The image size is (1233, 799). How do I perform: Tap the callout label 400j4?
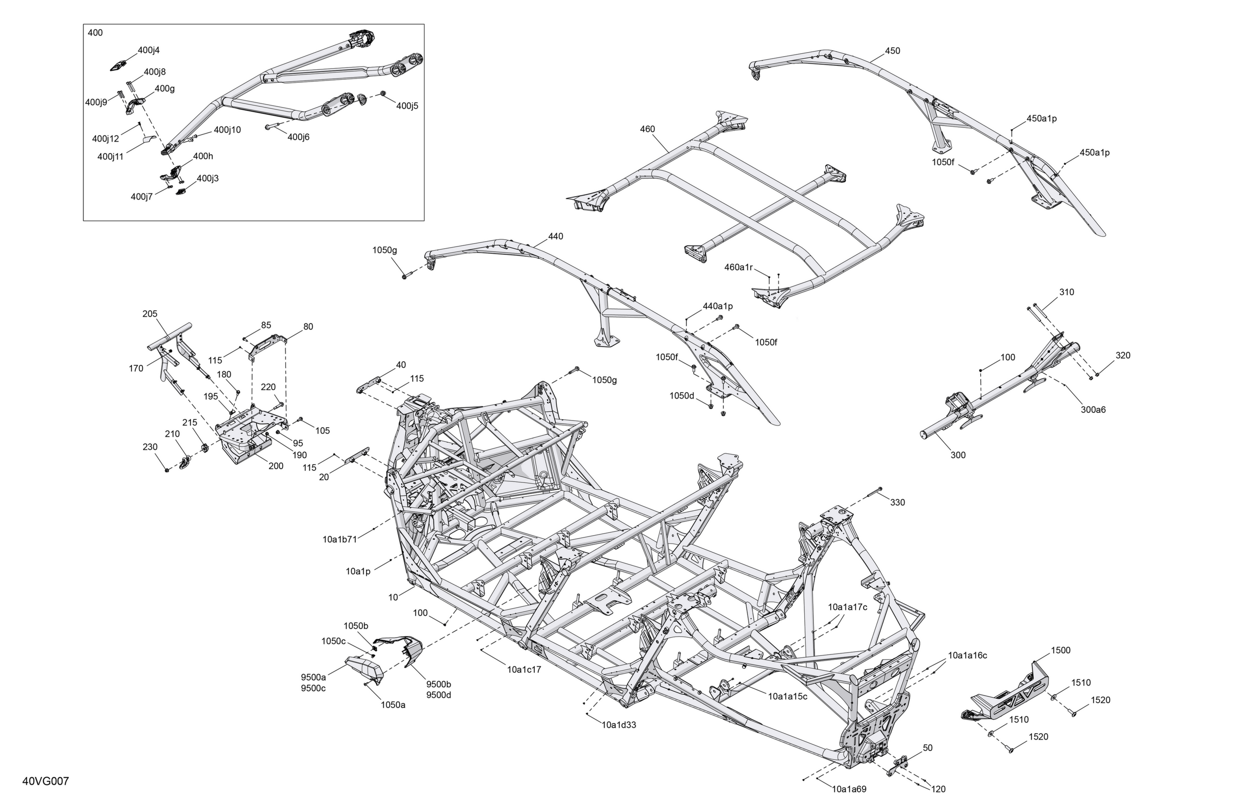149,50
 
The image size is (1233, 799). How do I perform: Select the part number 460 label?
648,129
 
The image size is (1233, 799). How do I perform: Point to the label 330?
898,502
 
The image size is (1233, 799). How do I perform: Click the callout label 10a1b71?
340,539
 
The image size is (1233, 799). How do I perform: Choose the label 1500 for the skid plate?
1060,650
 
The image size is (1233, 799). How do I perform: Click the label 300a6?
1093,410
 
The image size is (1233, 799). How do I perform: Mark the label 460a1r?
738,267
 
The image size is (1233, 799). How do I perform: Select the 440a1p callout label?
718,306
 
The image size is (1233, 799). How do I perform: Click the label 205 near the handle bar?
150,314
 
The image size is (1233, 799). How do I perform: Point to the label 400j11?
110,157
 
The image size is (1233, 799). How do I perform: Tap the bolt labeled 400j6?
274,127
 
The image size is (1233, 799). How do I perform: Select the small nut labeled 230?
167,470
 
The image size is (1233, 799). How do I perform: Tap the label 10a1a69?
849,789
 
